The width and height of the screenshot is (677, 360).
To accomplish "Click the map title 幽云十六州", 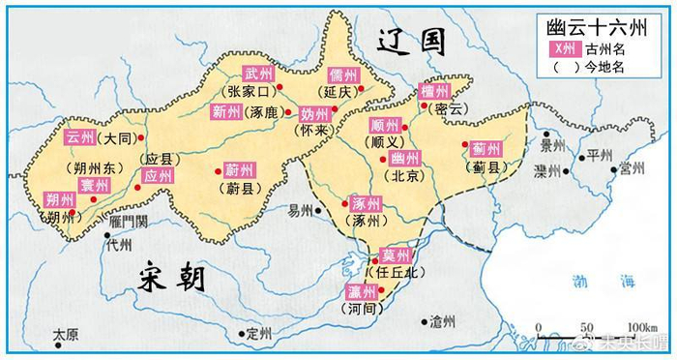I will (x=604, y=28).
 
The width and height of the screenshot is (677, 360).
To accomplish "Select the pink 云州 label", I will (x=81, y=137).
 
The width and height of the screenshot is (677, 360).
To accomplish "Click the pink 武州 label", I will (x=258, y=74).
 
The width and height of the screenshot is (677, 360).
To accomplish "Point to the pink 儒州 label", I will (x=342, y=75).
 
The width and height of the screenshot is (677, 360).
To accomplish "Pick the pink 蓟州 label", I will (x=486, y=149).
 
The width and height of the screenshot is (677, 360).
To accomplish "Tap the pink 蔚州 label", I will (x=238, y=168).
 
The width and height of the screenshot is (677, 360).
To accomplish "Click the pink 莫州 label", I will (x=397, y=255).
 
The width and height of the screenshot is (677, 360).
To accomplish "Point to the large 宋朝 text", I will (x=172, y=278).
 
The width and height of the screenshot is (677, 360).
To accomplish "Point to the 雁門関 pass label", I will (x=129, y=222).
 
